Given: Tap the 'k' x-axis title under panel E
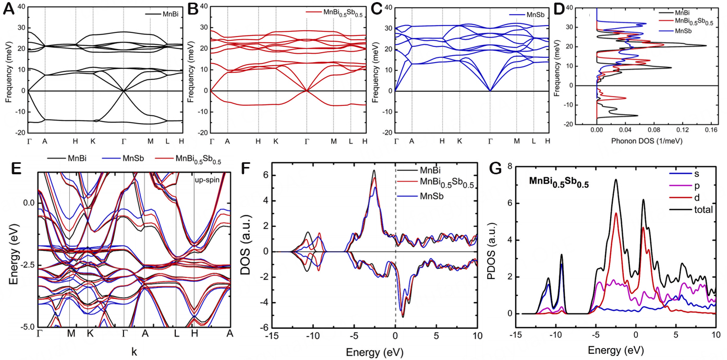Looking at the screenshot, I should tap(134, 352).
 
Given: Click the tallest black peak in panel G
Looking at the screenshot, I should tap(616, 179).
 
